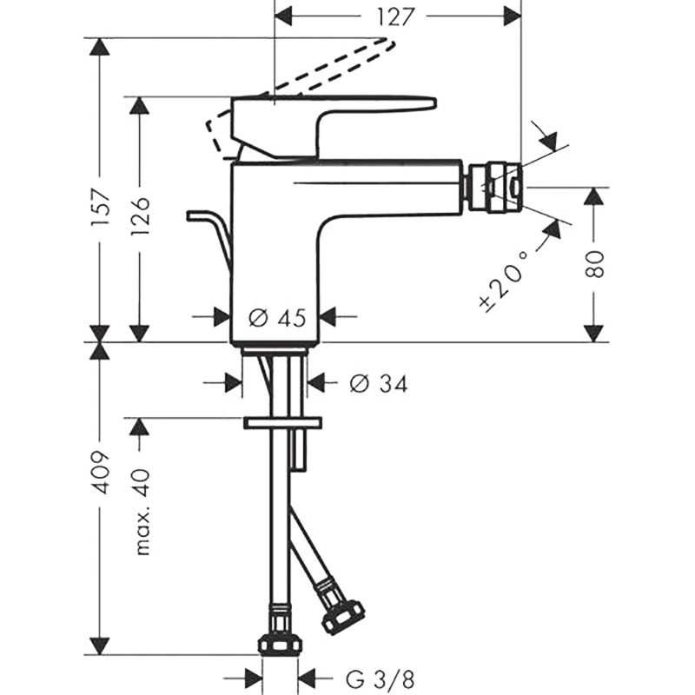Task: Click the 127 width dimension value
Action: (x=395, y=17)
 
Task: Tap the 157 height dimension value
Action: (x=101, y=208)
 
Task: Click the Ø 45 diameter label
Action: (x=277, y=318)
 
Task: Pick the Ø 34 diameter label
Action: (x=379, y=384)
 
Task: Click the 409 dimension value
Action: (x=101, y=473)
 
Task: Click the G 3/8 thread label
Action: (x=381, y=679)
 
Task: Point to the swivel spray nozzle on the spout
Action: (x=494, y=189)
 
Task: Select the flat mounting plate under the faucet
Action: (x=282, y=422)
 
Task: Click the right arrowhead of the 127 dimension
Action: (x=512, y=17)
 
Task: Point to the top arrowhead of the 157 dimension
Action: (x=99, y=46)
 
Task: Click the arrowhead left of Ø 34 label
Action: (x=234, y=383)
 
